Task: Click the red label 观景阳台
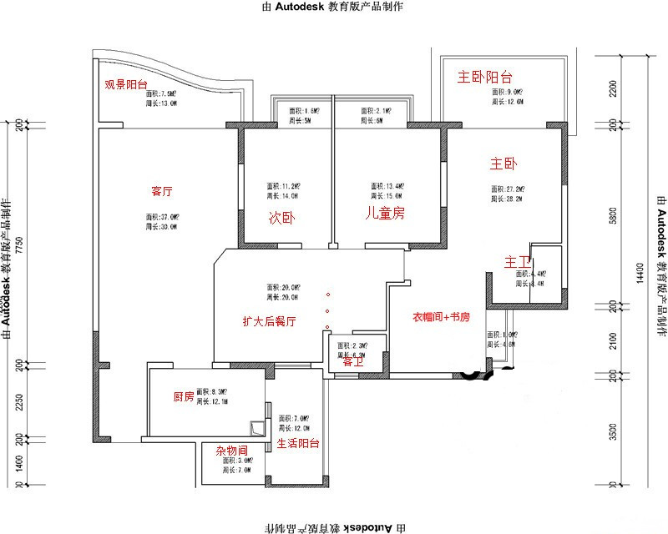(126, 84)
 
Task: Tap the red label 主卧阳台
(485, 78)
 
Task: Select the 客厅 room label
(162, 191)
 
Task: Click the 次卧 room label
(281, 218)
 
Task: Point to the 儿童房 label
(385, 214)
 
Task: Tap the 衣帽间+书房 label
(442, 317)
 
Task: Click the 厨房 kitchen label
(184, 397)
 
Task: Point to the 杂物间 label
(230, 451)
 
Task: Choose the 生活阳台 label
(298, 444)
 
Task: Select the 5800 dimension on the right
(614, 215)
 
